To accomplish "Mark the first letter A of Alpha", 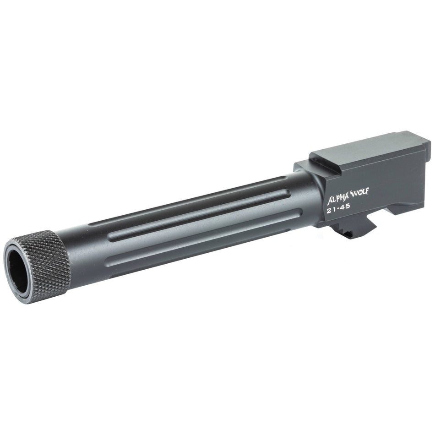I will (331, 201).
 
